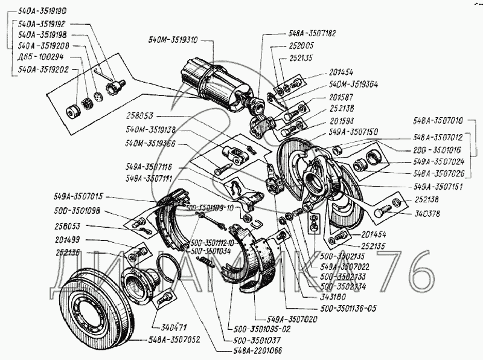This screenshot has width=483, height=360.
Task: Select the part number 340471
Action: point(164,327)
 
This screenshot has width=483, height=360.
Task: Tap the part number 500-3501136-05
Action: point(348,308)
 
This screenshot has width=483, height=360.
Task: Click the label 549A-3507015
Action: point(79,196)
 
